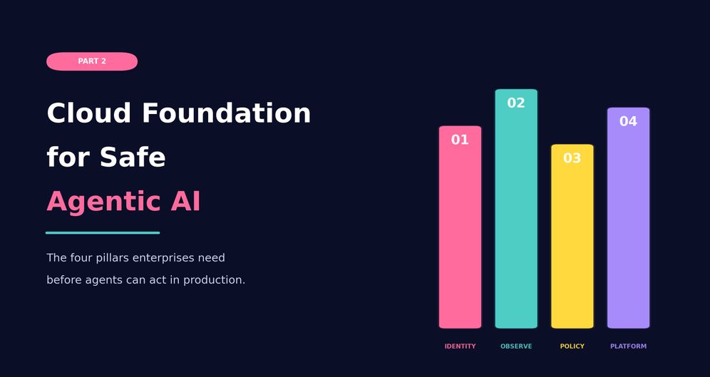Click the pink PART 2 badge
point(92,61)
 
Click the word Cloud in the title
point(88,113)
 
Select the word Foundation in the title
point(227,113)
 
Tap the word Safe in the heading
point(133,157)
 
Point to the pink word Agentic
point(103,202)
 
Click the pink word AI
point(185,202)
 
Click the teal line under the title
point(103,233)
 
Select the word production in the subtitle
point(214,280)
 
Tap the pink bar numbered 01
point(460,227)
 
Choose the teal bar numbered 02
point(516,209)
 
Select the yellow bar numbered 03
point(572,236)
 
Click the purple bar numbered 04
point(629,218)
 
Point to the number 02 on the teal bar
point(516,103)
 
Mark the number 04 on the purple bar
point(629,121)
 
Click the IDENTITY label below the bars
point(460,346)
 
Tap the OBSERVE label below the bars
point(516,346)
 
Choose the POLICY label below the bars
point(572,346)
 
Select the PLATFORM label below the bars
point(629,346)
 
